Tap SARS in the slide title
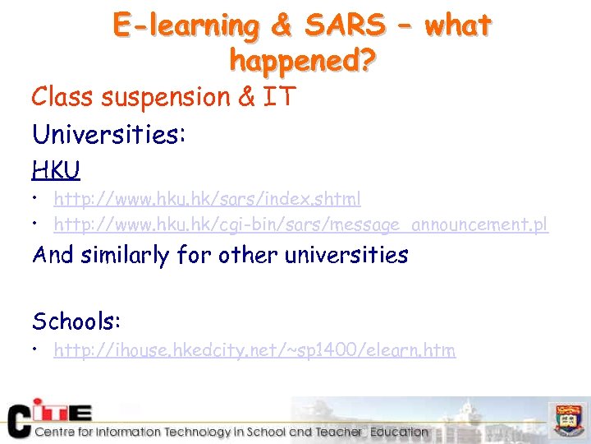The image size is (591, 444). pos(344,25)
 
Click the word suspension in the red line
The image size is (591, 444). pos(166,97)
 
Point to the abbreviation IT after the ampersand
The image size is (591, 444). pos(279,97)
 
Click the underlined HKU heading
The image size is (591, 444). pos(56,169)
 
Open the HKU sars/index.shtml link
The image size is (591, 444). pos(207,199)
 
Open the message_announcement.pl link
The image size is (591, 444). pos(300,224)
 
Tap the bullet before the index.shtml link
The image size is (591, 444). pos(38,200)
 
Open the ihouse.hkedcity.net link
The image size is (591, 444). pos(254,350)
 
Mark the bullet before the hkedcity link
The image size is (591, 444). pos(38,351)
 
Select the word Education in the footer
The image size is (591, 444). pos(399,432)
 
